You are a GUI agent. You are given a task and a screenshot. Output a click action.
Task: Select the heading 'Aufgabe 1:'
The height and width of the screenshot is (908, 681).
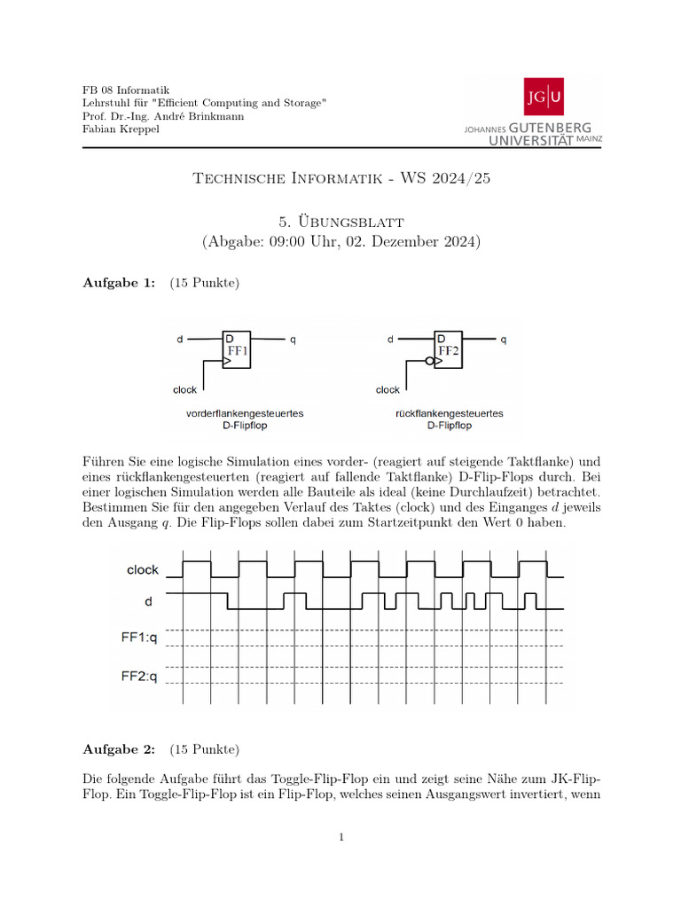119,283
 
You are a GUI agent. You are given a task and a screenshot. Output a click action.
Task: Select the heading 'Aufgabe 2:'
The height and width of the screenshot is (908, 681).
119,749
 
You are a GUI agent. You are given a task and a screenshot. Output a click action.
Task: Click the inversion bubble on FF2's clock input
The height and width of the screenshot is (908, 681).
430,362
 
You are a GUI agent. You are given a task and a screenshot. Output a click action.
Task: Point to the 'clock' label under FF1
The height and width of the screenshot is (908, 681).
184,390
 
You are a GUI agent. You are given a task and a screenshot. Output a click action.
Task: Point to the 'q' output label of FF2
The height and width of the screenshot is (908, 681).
504,339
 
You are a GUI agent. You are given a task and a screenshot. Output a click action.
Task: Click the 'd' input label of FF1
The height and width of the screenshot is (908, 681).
180,339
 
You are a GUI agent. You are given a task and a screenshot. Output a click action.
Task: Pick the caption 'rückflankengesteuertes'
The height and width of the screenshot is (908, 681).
449,413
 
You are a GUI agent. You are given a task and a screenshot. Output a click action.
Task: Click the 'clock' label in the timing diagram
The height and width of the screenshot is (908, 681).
142,570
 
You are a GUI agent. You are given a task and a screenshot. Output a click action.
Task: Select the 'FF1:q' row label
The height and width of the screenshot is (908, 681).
138,637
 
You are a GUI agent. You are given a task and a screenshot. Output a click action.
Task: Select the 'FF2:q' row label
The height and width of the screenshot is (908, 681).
138,677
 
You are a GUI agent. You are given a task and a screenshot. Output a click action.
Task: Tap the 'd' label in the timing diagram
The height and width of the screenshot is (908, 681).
148,602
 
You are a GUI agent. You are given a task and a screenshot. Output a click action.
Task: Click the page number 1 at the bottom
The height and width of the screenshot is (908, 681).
340,836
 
